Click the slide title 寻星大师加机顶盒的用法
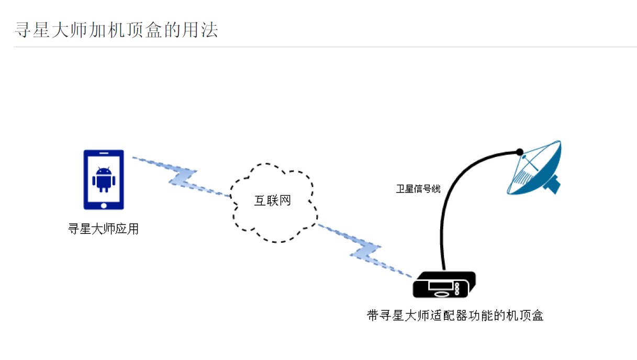pyautogui.click(x=116, y=30)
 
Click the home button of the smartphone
pyautogui.click(x=104, y=204)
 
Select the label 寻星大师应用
pyautogui.click(x=103, y=229)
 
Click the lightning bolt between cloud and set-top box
pyautogui.click(x=365, y=251)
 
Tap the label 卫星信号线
pyautogui.click(x=418, y=189)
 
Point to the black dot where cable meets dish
pyautogui.click(x=519, y=152)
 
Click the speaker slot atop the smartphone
pyautogui.click(x=104, y=153)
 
